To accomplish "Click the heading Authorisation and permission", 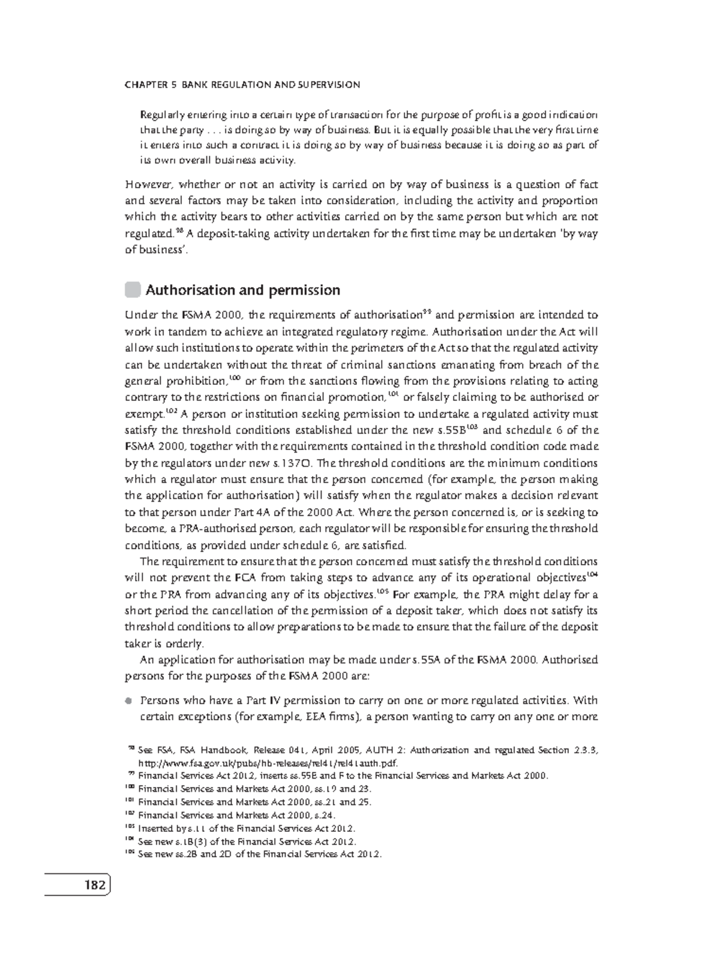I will point(242,290).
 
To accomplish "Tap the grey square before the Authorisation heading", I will point(132,290).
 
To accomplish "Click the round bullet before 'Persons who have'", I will point(128,701).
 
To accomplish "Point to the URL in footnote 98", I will point(268,762).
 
